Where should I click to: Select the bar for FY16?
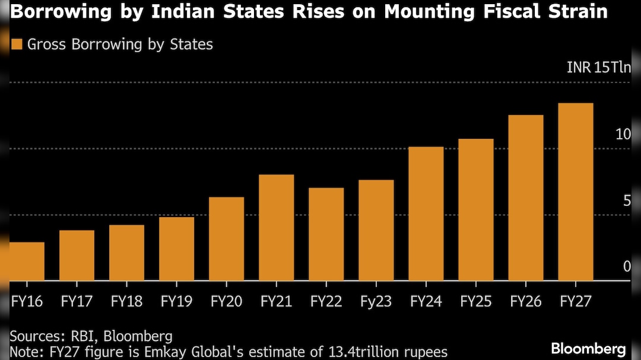coord(27,261)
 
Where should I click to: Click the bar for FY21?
coord(276,227)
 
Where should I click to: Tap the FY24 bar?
coord(426,214)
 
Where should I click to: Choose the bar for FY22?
coord(326,234)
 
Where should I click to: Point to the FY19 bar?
coord(176,249)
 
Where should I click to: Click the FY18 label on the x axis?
coord(126,302)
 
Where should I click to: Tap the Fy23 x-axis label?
coord(376,302)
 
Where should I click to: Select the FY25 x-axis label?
coord(475,302)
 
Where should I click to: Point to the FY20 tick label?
coord(226,302)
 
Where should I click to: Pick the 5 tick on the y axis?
coord(626,201)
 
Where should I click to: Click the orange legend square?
coord(17,44)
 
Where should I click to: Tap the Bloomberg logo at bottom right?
coord(588,348)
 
